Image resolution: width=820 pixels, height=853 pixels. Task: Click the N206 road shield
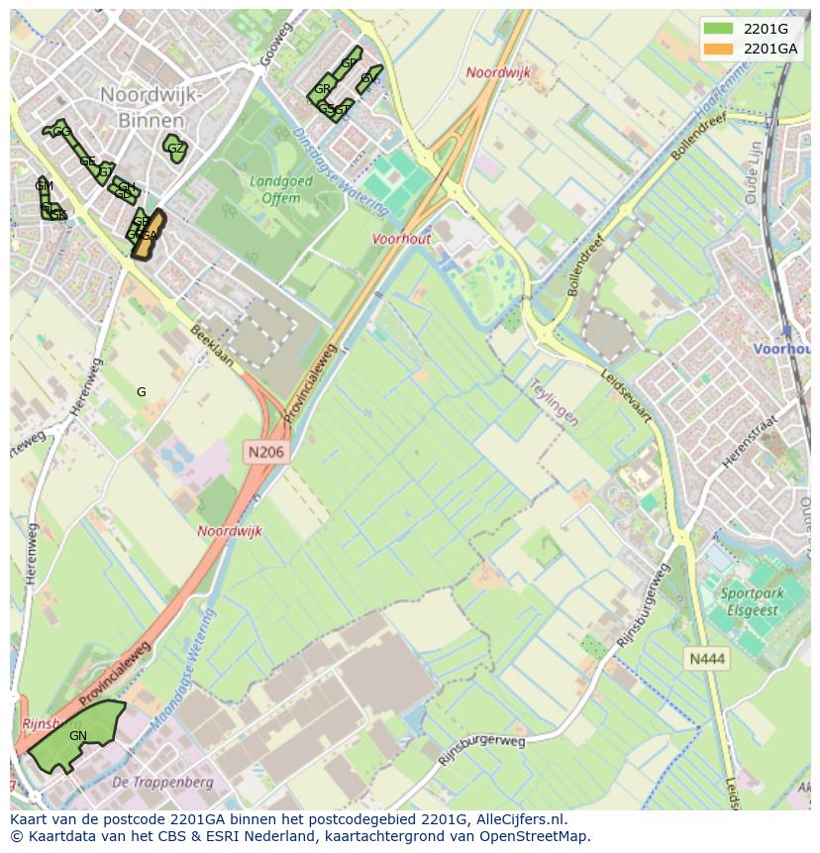(x=266, y=452)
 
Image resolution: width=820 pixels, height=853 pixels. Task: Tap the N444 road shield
(x=708, y=658)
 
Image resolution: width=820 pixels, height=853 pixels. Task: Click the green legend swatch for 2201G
(x=718, y=29)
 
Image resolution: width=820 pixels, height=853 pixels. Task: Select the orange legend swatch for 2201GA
(x=718, y=49)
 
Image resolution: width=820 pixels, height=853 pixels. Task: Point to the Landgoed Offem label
(x=281, y=189)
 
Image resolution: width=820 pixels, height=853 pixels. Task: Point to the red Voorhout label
(x=402, y=239)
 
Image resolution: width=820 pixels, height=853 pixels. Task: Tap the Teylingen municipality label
(x=553, y=400)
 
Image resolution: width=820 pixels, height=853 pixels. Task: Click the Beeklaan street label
(x=213, y=346)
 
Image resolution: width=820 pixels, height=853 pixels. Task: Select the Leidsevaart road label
(x=627, y=396)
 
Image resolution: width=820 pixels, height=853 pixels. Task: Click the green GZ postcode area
(x=175, y=149)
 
